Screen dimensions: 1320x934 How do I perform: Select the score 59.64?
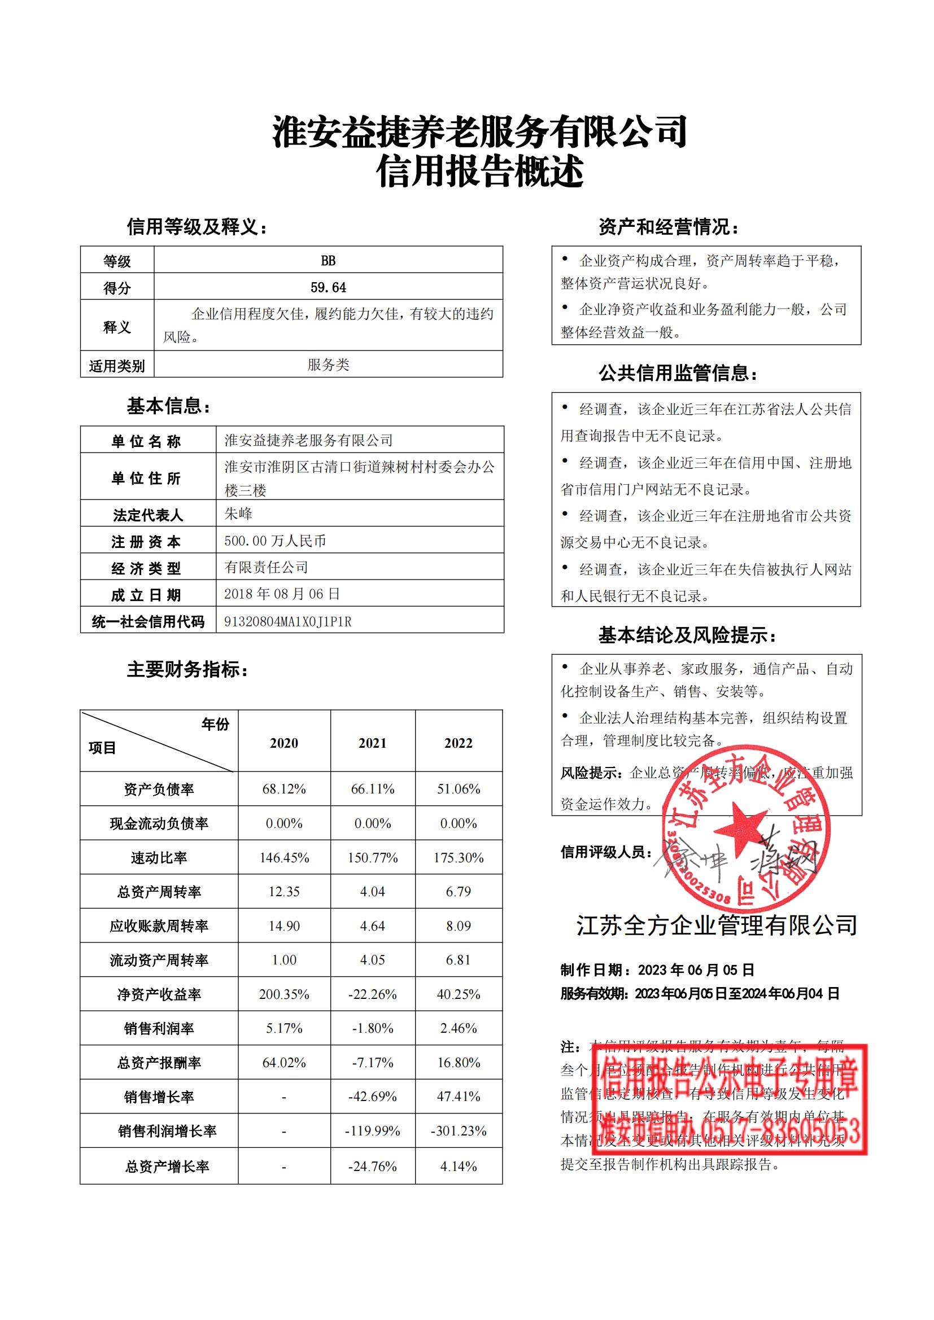tap(328, 287)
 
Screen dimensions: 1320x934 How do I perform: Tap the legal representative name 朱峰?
tap(238, 514)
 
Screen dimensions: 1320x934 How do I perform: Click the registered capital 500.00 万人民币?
tap(275, 541)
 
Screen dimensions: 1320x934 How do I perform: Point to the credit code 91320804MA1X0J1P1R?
tap(287, 621)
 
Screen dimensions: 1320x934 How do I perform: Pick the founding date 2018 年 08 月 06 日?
tap(282, 594)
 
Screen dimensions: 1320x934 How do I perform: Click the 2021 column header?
tap(373, 743)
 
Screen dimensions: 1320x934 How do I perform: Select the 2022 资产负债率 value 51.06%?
tap(459, 789)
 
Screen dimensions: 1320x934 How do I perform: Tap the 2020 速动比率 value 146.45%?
tap(284, 858)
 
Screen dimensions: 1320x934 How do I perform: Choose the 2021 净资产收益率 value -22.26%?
tap(373, 994)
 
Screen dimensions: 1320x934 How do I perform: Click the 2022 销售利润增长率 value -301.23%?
tap(459, 1131)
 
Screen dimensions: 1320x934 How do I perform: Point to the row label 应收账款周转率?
tap(159, 926)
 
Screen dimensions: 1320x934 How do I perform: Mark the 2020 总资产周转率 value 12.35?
tap(284, 892)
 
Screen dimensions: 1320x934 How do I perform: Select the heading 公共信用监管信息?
tap(678, 374)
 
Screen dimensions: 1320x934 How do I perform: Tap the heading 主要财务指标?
tap(187, 670)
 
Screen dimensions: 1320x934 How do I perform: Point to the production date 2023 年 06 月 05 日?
tap(695, 971)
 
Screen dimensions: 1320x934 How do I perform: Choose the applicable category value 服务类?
tap(328, 365)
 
